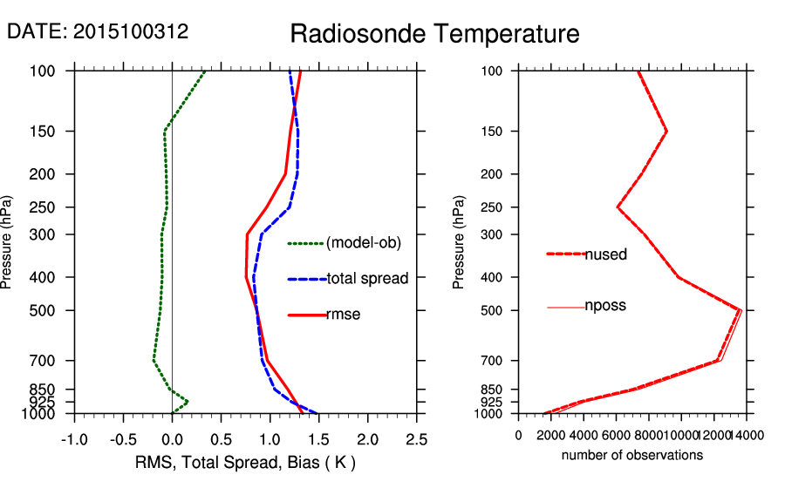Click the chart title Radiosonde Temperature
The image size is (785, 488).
click(x=434, y=35)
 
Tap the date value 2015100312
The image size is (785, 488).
click(x=131, y=31)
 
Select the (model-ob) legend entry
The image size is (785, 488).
click(x=363, y=243)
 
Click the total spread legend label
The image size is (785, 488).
click(x=367, y=279)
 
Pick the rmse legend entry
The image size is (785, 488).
click(x=343, y=314)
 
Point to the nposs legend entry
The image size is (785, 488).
click(x=605, y=306)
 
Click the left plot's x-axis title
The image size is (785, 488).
click(x=245, y=462)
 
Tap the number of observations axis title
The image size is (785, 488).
click(x=632, y=455)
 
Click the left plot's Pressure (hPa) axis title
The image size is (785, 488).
click(x=9, y=242)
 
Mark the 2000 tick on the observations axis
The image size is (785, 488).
click(x=551, y=435)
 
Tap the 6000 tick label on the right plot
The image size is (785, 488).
click(x=616, y=435)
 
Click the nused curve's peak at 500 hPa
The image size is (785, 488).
click(x=740, y=309)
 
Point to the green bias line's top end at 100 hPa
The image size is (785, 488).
click(x=204, y=72)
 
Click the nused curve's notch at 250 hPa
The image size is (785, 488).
click(x=618, y=207)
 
